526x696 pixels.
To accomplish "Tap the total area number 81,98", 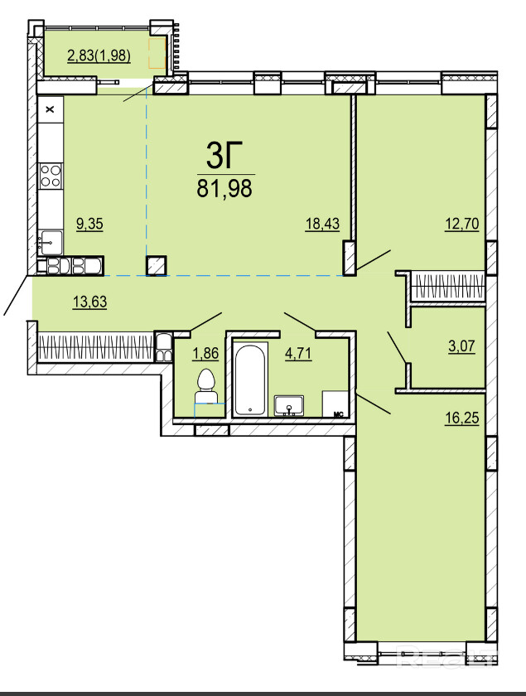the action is pos(224,189).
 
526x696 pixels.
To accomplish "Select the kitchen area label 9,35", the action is pos(89,224).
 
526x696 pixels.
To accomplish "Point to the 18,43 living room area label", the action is pos(322,224).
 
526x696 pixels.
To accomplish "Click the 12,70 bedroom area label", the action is pos(462,224).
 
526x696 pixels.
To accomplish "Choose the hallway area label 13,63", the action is pos(89,302).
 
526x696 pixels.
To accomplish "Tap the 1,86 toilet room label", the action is pos(205,353).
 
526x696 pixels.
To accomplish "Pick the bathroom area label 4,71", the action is pos(298,353).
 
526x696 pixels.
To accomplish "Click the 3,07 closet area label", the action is pos(461,346).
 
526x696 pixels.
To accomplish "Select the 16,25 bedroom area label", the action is pos(462,418).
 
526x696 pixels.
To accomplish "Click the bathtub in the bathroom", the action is pos(250,380).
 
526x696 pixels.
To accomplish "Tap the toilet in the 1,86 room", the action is pos(205,386).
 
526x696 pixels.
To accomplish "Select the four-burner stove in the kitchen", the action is pos(51,176).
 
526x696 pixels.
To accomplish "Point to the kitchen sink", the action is pos(51,242).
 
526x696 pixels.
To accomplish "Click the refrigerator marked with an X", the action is pos(51,109).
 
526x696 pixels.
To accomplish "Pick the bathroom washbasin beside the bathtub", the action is pos(288,406).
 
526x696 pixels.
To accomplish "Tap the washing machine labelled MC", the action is pos(335,404).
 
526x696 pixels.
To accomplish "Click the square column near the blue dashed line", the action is pos(157,266).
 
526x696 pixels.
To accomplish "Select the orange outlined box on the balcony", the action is pos(157,53).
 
